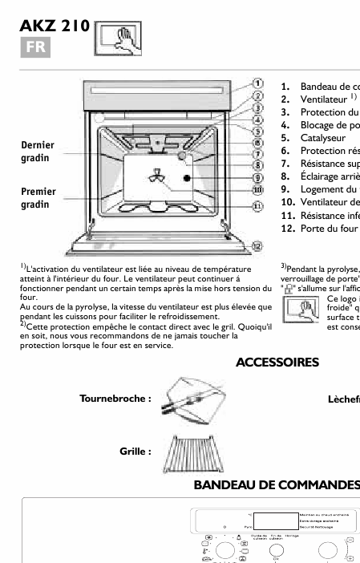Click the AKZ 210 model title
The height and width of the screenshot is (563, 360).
54,26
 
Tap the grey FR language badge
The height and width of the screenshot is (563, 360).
35,47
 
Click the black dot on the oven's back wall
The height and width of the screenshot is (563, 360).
187,178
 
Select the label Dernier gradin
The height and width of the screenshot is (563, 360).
38,152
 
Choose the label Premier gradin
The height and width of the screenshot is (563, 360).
38,198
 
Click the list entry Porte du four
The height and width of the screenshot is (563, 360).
330,229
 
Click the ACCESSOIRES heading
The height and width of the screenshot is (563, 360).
277,363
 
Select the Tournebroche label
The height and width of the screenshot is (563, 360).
115,398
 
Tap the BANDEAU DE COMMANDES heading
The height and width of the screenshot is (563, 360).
276,485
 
